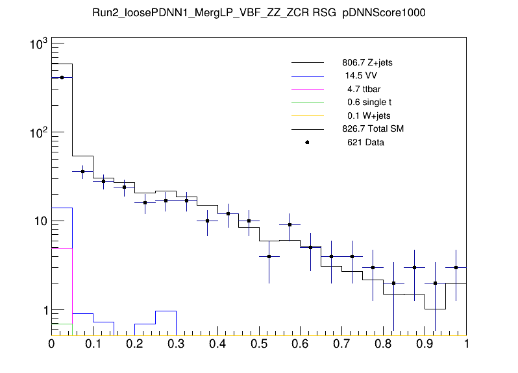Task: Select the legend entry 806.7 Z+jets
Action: point(367,63)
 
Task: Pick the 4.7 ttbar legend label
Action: point(361,90)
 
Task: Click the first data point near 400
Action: point(62,77)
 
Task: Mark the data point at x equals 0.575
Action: point(290,225)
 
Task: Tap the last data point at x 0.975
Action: point(456,267)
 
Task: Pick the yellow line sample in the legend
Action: point(307,115)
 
